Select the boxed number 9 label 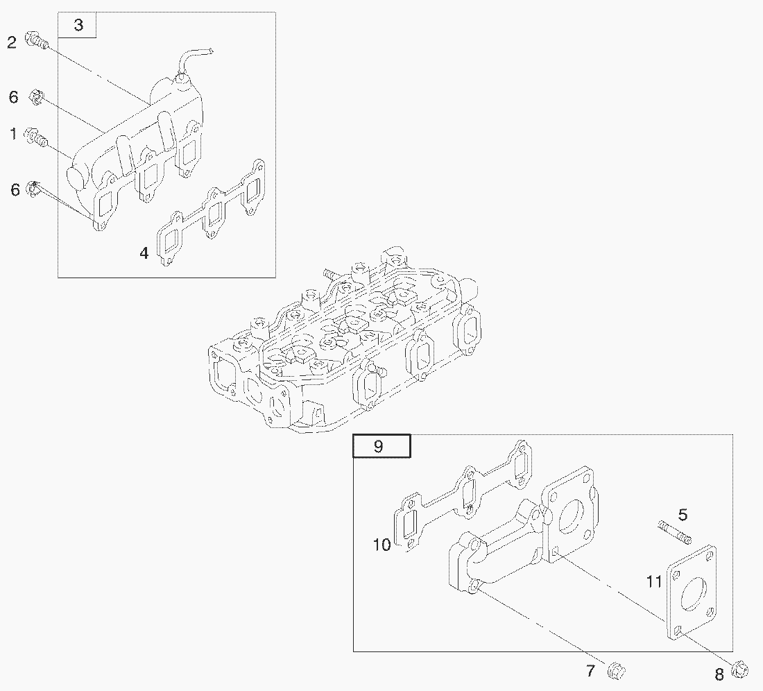pyautogui.click(x=379, y=445)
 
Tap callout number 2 pyautogui.click(x=12, y=42)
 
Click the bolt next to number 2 pyautogui.click(x=37, y=40)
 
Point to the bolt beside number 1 pyautogui.click(x=37, y=137)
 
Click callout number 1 pyautogui.click(x=14, y=133)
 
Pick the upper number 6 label pyautogui.click(x=14, y=97)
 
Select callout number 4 pyautogui.click(x=144, y=253)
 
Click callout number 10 pyautogui.click(x=382, y=545)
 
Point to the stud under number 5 pyautogui.click(x=674, y=532)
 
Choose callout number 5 pyautogui.click(x=683, y=514)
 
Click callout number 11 pyautogui.click(x=654, y=581)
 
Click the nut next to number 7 pyautogui.click(x=617, y=671)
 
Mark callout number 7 pyautogui.click(x=590, y=671)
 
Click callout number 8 pyautogui.click(x=719, y=674)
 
